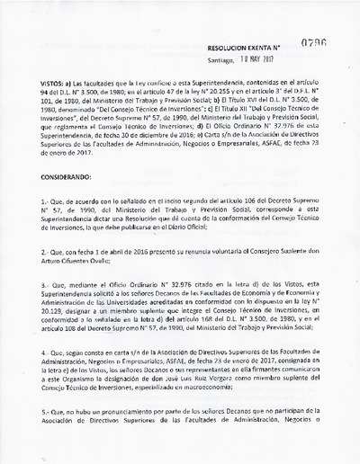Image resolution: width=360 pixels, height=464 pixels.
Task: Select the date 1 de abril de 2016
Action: pos(123,254)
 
